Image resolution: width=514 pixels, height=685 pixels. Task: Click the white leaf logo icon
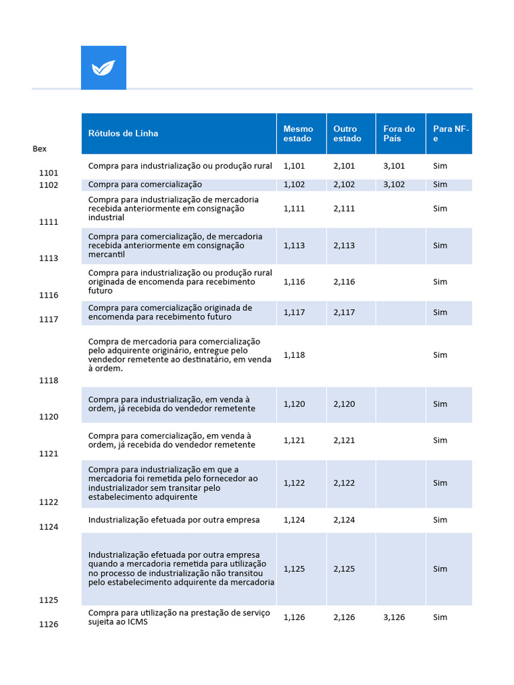point(103,68)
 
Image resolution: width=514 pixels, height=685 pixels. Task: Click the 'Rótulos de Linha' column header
point(123,134)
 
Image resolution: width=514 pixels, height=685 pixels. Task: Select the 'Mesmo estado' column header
point(298,134)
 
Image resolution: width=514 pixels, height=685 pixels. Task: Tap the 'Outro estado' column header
point(347,134)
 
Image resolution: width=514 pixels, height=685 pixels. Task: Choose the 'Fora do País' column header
point(399,134)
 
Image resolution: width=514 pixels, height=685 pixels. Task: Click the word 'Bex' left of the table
point(39,149)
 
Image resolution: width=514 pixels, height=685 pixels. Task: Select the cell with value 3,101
point(394,166)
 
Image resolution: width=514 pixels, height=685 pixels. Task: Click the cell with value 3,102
point(394,185)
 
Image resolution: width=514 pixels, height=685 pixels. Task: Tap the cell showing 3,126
point(394,617)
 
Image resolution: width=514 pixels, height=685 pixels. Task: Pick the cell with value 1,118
point(294,355)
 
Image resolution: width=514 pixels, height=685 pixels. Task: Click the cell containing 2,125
point(344,569)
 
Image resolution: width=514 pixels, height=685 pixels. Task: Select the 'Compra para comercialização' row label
point(145,185)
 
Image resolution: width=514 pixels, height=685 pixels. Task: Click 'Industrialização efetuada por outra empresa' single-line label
point(174,520)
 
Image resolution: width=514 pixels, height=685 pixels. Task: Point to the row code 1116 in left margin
point(49,296)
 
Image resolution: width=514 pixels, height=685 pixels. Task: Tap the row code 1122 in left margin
point(49,502)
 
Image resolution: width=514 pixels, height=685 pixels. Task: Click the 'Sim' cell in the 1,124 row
point(440,520)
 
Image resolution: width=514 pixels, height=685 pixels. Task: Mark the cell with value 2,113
point(344,246)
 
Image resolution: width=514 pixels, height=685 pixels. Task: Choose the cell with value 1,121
point(294,440)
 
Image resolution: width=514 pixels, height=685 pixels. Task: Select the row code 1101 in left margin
point(49,173)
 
